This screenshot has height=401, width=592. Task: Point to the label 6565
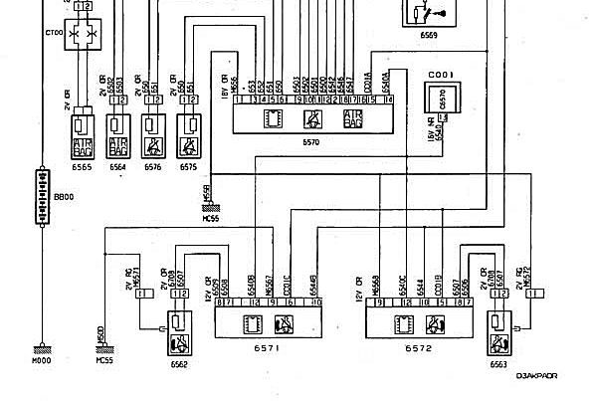click(81, 168)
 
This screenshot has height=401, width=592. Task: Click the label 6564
click(117, 168)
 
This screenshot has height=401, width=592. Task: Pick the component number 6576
click(152, 168)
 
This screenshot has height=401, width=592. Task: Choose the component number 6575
click(188, 168)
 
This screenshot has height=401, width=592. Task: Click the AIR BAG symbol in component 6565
click(82, 147)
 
